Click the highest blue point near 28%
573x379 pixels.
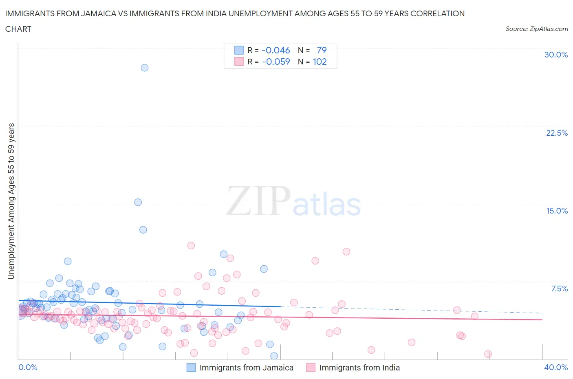(145, 68)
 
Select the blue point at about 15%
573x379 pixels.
(138, 202)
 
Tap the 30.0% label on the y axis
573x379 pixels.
(556, 55)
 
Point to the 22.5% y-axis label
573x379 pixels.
(557, 133)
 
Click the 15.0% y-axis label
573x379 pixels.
(557, 211)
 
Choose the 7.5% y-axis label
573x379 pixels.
(559, 289)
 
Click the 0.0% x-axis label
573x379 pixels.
(28, 367)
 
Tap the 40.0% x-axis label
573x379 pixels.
(556, 367)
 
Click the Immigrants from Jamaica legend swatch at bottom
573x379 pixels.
(191, 368)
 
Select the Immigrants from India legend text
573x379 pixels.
(359, 368)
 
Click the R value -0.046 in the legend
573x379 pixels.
(276, 50)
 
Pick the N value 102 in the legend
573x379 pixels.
(320, 62)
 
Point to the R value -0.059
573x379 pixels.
(276, 62)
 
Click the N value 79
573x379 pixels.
(322, 50)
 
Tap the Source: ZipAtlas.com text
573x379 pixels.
(536, 29)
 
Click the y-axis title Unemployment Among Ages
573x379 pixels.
(11, 201)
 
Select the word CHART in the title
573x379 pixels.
(18, 29)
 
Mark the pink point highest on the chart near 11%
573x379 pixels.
(191, 245)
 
